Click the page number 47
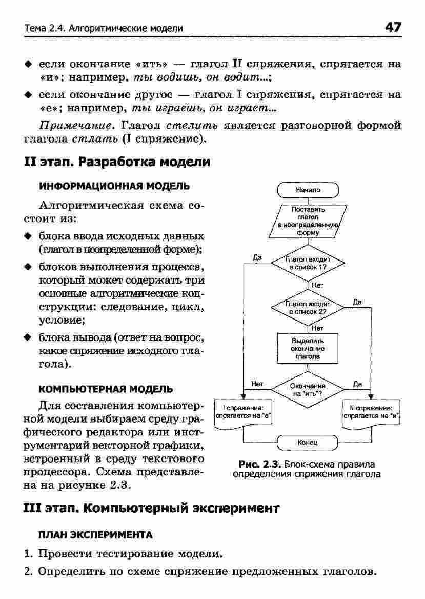click(393, 27)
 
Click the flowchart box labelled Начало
click(308, 190)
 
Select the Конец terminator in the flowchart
click(308, 442)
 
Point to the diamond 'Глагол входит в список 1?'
click(308, 264)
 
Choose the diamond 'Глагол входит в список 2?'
click(308, 307)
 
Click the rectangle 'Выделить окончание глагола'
click(308, 348)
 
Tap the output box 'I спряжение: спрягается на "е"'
click(242, 412)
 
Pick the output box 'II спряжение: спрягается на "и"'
click(371, 412)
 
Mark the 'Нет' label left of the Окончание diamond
click(257, 383)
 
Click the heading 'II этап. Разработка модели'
click(117, 162)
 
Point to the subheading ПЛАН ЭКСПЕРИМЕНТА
click(95, 535)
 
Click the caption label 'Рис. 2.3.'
click(262, 465)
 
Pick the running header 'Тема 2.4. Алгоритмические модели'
click(103, 28)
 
